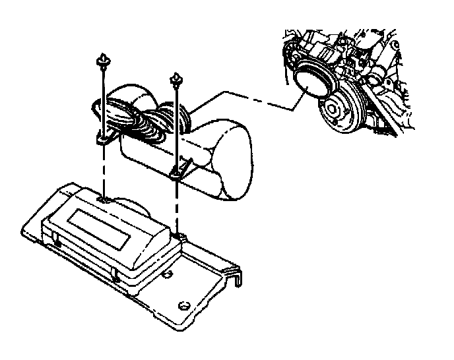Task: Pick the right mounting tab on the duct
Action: [178, 171]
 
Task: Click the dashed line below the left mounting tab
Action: [104, 171]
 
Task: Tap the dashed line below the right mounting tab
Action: [177, 204]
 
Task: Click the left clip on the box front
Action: [58, 245]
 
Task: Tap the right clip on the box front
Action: [116, 276]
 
